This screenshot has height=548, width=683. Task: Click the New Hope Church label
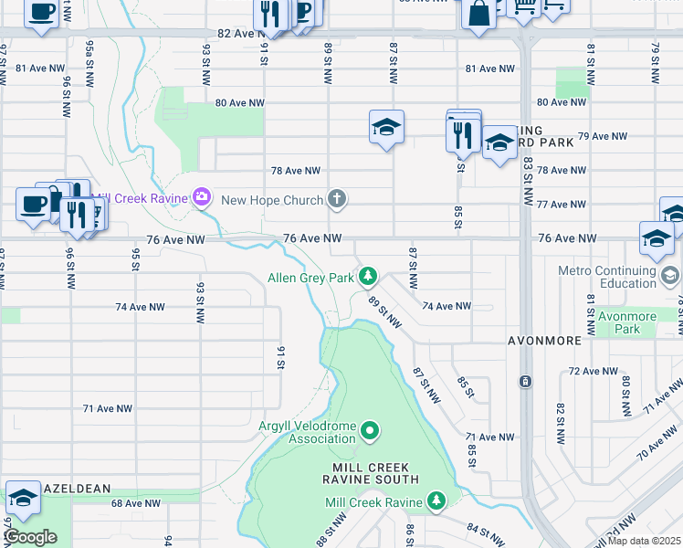point(272,200)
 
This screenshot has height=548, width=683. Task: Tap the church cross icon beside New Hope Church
point(337,199)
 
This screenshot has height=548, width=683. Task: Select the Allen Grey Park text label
point(310,278)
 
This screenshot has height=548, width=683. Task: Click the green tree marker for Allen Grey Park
point(368,275)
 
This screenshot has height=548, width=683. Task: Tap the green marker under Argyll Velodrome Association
point(370,429)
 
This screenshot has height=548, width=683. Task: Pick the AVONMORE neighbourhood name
point(545,341)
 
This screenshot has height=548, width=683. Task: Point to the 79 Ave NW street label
point(604,136)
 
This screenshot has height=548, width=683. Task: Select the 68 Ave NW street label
point(136,503)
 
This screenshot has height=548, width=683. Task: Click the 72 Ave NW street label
point(593,372)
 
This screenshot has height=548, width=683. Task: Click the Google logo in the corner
point(31,537)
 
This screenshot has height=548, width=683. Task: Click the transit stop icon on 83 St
point(525,381)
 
